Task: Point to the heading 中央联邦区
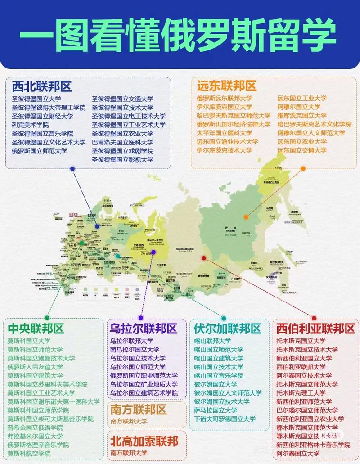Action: coord(36,329)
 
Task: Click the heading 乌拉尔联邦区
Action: coord(144,329)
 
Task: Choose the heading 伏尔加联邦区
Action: coord(227,329)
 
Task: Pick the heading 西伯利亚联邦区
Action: coord(315,329)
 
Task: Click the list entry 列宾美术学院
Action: coord(30,125)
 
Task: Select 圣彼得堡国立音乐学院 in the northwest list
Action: coord(42,134)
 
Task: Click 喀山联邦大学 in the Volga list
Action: coord(212,341)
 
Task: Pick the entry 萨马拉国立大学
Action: coord(216,410)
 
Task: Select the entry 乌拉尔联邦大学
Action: coord(131,341)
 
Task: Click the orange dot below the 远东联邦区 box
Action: coord(303,169)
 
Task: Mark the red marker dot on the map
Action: coord(203,258)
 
